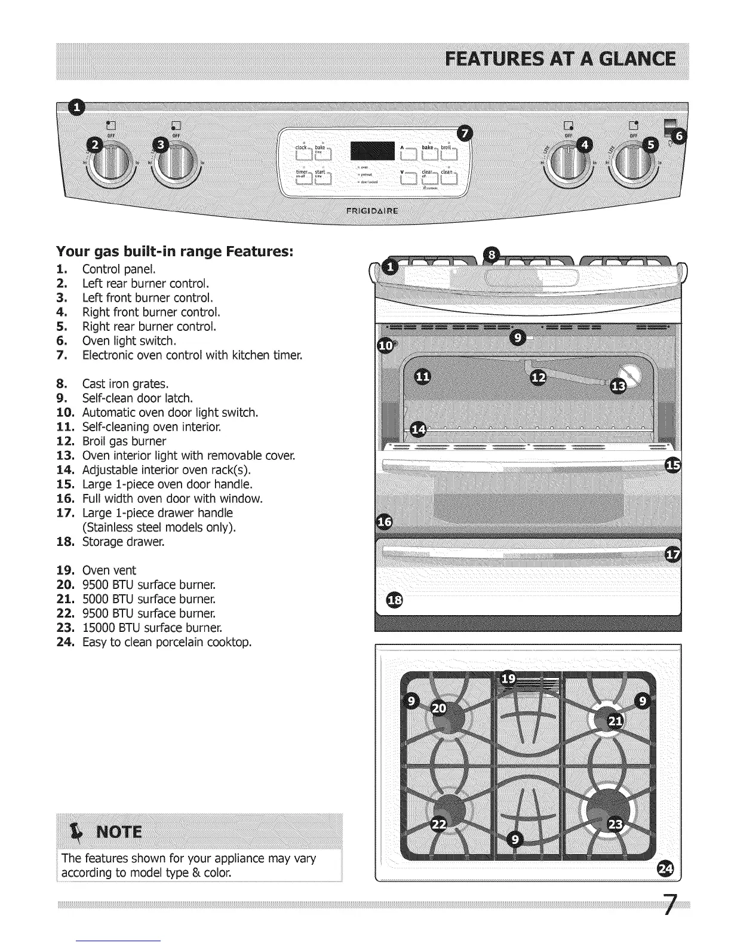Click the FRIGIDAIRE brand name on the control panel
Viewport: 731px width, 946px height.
coord(374,210)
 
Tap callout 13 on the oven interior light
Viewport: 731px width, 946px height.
coord(619,387)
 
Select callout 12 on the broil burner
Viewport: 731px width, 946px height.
coord(539,377)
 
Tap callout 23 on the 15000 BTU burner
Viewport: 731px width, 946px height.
coord(613,825)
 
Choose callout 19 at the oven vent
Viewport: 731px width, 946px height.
coord(508,678)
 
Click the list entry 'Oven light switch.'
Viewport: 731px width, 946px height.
coord(129,341)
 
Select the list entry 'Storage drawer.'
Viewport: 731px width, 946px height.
coord(123,542)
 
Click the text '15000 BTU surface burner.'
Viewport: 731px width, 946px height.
coord(149,628)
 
